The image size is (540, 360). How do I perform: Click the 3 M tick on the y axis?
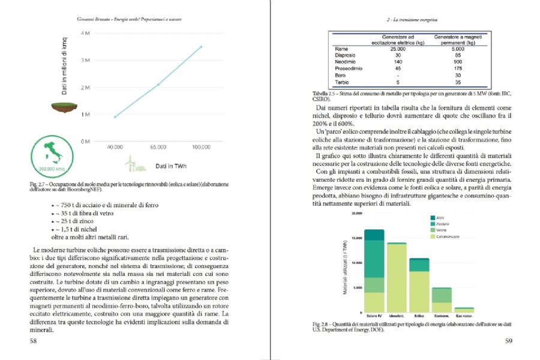(x=85, y=60)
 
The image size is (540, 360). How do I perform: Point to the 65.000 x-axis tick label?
(x=158, y=146)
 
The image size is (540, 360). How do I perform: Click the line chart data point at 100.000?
(x=201, y=47)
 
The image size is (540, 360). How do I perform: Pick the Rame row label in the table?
(x=341, y=49)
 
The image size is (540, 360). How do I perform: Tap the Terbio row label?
(x=343, y=82)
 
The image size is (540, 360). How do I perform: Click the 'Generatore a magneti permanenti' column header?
(x=458, y=40)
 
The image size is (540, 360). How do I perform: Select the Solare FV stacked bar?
(x=374, y=271)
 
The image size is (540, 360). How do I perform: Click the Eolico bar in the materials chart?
(x=419, y=285)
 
